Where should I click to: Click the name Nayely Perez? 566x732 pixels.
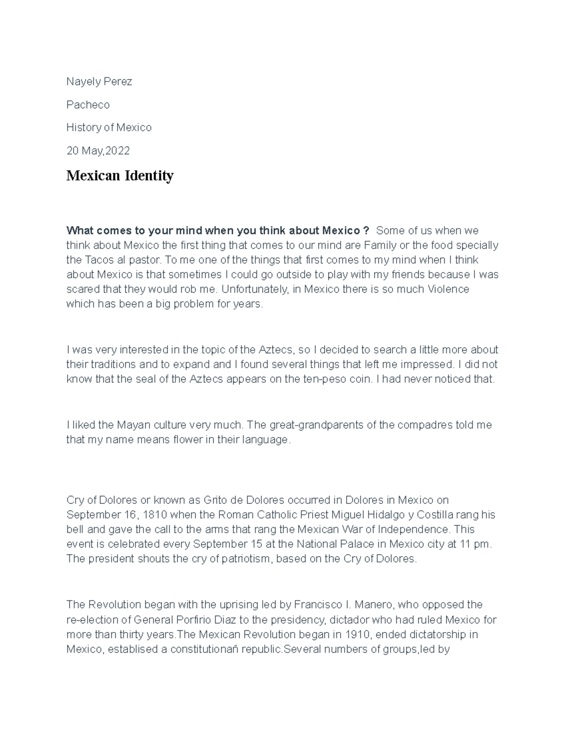tap(99, 82)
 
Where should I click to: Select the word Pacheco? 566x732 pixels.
tap(88, 105)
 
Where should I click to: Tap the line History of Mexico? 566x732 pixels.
tap(109, 127)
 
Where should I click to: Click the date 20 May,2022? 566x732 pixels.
tap(98, 151)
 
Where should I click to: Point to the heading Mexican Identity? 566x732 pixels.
tap(120, 176)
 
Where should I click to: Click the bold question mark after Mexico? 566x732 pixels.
tap(366, 230)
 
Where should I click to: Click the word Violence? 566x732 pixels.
tap(448, 289)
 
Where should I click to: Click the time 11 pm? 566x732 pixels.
tap(475, 544)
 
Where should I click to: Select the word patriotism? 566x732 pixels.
tap(244, 559)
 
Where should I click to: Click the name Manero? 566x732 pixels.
tap(372, 604)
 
